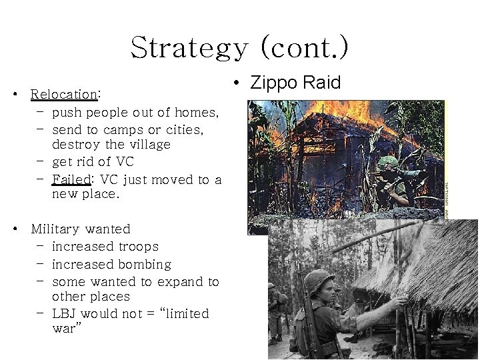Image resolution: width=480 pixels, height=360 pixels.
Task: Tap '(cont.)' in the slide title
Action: [304, 47]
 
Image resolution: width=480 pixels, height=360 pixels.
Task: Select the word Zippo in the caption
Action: [274, 83]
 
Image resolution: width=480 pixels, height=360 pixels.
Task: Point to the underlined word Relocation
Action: [64, 95]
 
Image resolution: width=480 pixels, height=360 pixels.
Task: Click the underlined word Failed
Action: [70, 179]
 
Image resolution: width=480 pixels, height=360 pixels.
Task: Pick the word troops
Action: [136, 247]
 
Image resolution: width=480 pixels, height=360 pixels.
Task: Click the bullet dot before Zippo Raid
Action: [237, 83]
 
